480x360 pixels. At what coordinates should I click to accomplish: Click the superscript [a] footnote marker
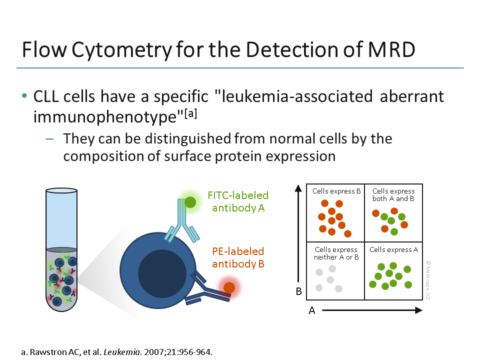190,114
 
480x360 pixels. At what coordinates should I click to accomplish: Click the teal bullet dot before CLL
24,96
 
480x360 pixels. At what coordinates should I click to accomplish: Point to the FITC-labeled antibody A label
238,201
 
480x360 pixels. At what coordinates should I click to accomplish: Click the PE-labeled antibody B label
238,257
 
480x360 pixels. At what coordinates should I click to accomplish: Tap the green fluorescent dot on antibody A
190,202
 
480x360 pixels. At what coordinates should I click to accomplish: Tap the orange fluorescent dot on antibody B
229,287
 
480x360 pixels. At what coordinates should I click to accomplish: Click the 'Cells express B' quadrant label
336,191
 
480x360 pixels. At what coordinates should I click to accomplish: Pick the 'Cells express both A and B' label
393,194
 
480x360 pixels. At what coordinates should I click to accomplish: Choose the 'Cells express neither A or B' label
336,253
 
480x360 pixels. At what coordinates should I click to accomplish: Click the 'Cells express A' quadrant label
393,249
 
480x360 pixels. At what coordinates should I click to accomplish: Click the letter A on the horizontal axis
312,310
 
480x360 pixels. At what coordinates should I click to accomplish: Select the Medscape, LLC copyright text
428,279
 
